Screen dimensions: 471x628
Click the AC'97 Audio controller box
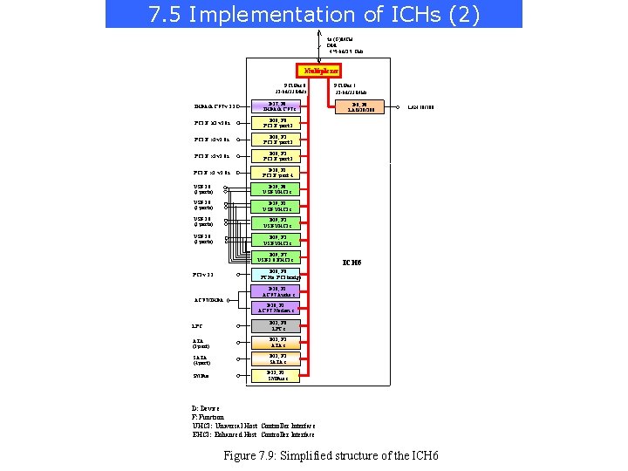(277, 292)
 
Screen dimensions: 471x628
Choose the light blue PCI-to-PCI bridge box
(277, 275)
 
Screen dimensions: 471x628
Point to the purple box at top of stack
(277, 106)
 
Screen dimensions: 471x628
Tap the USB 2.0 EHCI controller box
(277, 256)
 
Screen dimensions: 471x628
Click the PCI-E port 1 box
(277, 123)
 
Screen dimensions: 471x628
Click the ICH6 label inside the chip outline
(353, 263)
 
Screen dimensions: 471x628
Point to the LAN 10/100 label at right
(420, 106)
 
